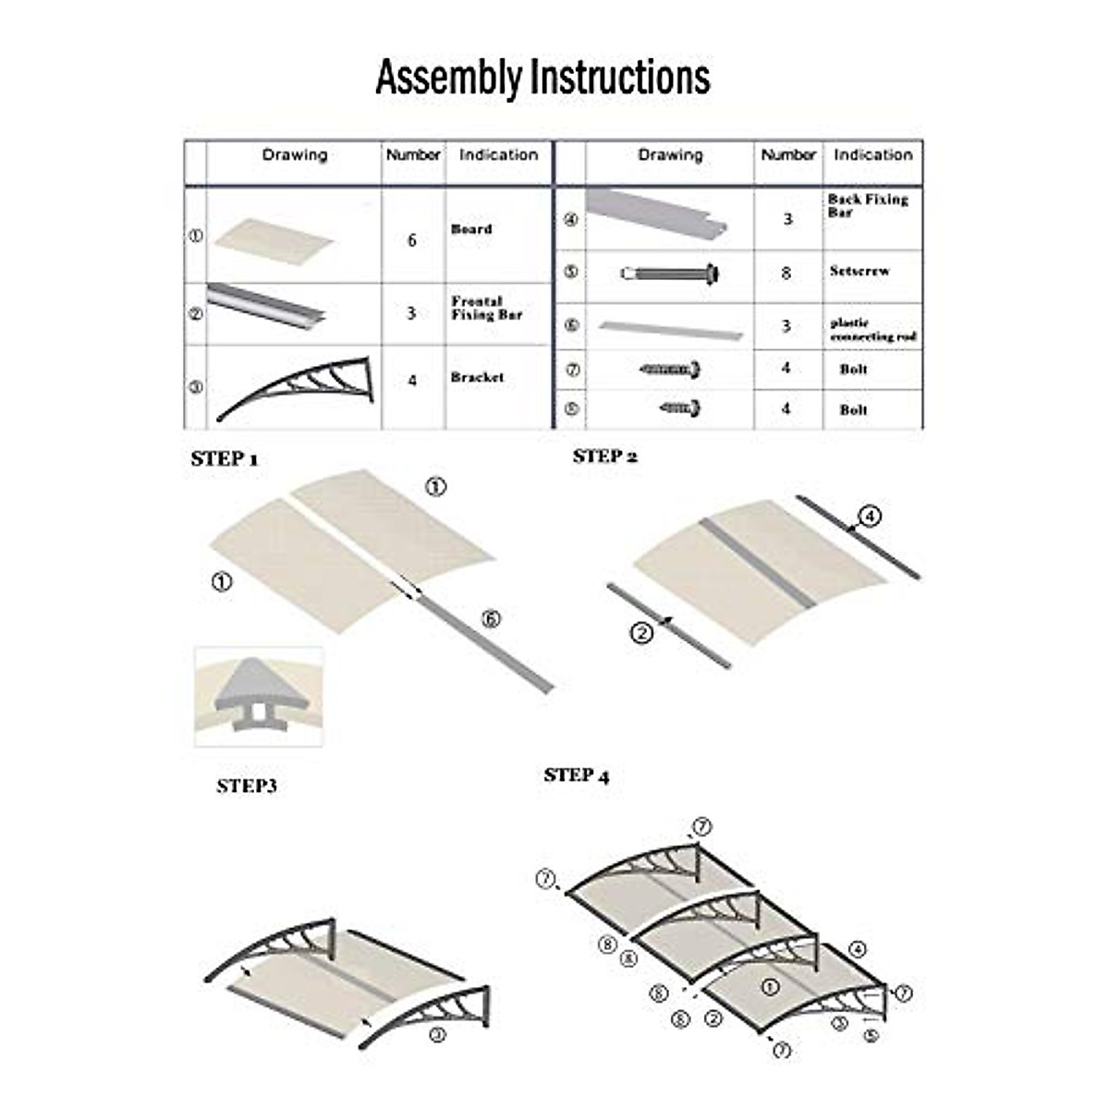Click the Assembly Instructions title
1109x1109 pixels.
[x=542, y=78]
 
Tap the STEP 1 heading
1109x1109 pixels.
[x=224, y=459]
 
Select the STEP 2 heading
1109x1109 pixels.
[x=605, y=456]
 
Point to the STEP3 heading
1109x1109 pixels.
[x=247, y=786]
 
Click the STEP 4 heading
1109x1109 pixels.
[x=577, y=775]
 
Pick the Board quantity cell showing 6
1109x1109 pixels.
[x=412, y=240]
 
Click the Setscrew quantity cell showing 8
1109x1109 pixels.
[x=786, y=273]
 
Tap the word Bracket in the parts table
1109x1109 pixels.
[x=478, y=377]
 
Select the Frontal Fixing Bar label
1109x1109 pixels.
[x=487, y=308]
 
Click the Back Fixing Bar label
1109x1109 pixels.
[x=868, y=205]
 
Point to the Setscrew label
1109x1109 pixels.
[x=859, y=272]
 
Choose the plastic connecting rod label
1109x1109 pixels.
[x=873, y=330]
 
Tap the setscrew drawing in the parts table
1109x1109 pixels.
[x=670, y=274]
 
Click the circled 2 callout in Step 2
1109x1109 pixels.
[x=642, y=633]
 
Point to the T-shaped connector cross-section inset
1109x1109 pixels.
[x=259, y=696]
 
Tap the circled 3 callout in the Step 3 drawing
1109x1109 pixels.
[x=437, y=1035]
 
